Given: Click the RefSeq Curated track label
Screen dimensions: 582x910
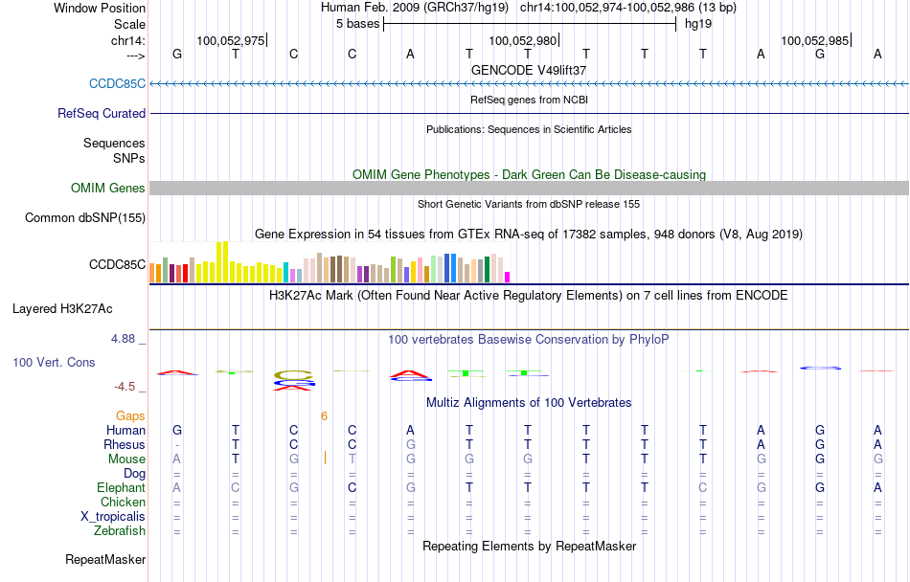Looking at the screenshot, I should (x=102, y=113).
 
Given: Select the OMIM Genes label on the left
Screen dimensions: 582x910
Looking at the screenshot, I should (x=108, y=188).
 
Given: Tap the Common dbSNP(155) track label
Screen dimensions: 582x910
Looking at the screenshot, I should (x=85, y=217).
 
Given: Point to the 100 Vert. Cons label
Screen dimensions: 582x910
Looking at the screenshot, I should (x=53, y=363).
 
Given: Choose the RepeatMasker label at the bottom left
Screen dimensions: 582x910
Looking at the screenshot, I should (x=105, y=559).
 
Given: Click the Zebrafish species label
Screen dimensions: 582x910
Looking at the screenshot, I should (x=120, y=530).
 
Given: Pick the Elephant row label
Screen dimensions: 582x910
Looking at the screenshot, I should (x=121, y=487).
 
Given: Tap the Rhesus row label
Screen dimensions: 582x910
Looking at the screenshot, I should (x=125, y=444).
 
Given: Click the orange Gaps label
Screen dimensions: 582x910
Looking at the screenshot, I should (x=131, y=415).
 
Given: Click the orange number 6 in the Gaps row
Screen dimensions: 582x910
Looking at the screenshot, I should (x=325, y=415).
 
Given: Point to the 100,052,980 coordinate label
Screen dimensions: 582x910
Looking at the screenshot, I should (x=522, y=40).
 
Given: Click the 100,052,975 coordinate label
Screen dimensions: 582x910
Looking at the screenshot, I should (x=230, y=40).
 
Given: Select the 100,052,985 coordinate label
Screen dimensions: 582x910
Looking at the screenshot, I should (x=814, y=40).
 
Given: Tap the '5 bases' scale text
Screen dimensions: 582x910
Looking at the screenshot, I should (x=357, y=23).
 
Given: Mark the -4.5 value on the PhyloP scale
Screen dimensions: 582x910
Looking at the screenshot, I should (x=125, y=387).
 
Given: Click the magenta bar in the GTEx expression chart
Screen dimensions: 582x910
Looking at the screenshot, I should (x=508, y=277).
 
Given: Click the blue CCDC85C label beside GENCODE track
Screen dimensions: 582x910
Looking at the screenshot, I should (x=117, y=83).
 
